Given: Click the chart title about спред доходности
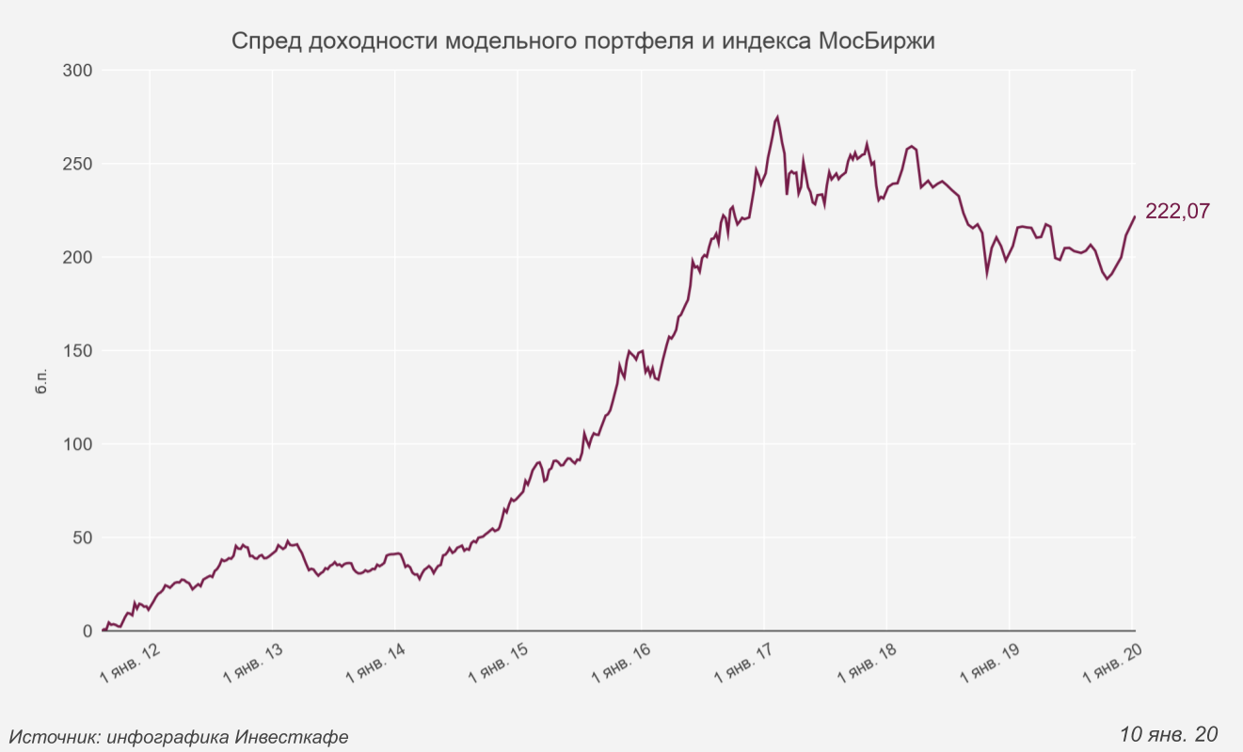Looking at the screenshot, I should pos(582,42).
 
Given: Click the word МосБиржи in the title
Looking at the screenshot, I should pos(876,42).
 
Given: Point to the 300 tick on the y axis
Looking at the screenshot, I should pos(77,71).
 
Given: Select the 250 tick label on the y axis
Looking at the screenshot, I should pos(77,164).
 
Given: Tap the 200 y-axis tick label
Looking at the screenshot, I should pos(77,257).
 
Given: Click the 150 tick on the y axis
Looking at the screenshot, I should pos(77,351).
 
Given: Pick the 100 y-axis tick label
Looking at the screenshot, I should pos(77,444).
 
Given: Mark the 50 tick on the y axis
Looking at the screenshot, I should pos(82,537).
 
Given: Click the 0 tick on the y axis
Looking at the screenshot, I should pos(87,632).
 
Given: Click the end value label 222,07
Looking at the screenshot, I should pos(1177,212).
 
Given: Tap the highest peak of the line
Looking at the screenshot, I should pos(777,118).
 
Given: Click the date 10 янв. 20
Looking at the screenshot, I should pos(1170,733).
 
